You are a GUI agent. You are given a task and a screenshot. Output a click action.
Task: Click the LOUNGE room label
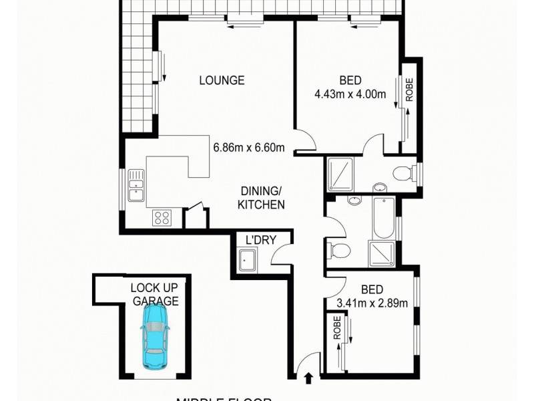pyautogui.click(x=222, y=81)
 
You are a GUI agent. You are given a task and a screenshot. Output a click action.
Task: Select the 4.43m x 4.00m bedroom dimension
pyautogui.click(x=350, y=94)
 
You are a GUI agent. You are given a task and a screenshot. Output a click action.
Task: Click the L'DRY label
pyautogui.click(x=260, y=240)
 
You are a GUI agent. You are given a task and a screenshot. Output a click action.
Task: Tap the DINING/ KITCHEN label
pyautogui.click(x=262, y=198)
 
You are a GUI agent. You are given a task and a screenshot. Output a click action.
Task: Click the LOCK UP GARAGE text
pyautogui.click(x=154, y=295)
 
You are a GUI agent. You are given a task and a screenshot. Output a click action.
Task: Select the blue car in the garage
pyautogui.click(x=155, y=338)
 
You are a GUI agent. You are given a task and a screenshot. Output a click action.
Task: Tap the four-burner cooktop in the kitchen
pyautogui.click(x=162, y=217)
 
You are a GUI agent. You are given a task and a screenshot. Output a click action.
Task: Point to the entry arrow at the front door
pyautogui.click(x=308, y=380)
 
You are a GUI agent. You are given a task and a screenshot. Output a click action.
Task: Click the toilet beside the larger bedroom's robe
pyautogui.click(x=403, y=174)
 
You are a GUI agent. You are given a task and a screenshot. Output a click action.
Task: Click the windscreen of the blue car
pyautogui.click(x=154, y=329)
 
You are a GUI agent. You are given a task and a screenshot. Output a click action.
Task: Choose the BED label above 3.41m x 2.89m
pyautogui.click(x=372, y=290)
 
